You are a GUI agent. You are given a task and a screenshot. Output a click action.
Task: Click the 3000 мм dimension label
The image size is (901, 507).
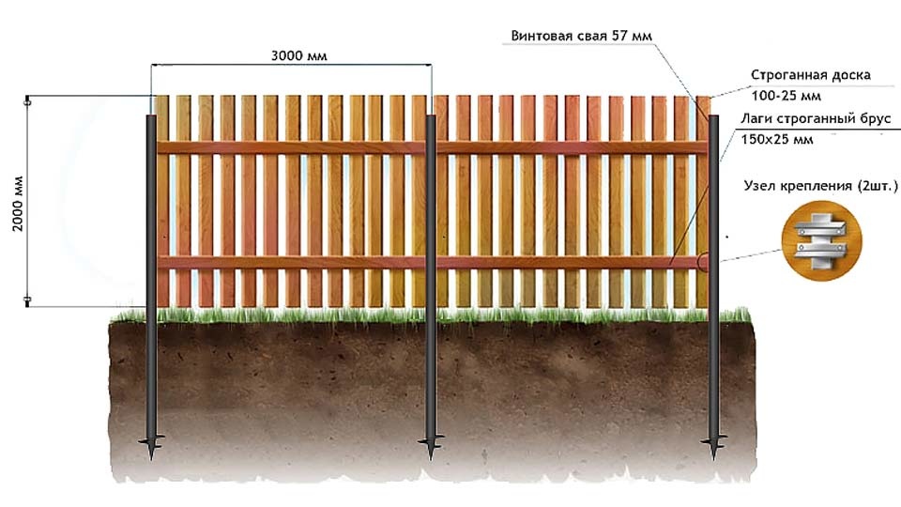[298, 55]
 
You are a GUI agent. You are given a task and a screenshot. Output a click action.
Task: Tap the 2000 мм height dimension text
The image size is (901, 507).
[18, 204]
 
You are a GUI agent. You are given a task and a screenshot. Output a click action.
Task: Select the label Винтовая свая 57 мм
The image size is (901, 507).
[582, 36]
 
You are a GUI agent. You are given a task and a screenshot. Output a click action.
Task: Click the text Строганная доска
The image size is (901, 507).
[811, 75]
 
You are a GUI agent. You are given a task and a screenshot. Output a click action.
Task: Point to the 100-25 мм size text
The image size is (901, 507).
[786, 96]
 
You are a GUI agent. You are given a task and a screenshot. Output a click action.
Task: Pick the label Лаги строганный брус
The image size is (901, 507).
[816, 118]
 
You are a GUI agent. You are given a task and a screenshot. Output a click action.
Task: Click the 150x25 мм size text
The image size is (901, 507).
[777, 139]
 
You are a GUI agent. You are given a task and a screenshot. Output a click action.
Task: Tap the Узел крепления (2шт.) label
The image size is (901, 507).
[820, 186]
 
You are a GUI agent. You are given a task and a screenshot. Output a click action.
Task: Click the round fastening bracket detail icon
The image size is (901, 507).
[822, 241]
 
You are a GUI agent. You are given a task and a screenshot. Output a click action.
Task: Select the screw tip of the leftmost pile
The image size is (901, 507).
[152, 457]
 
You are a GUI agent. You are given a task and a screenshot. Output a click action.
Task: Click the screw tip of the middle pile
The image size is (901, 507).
[431, 457]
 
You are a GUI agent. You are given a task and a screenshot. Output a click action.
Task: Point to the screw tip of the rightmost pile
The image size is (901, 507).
[714, 457]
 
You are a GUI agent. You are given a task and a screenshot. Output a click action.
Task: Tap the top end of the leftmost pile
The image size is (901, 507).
[151, 116]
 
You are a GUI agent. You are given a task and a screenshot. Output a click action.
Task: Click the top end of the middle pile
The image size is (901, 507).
[431, 116]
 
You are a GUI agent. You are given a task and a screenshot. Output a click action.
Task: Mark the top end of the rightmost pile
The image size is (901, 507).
[713, 116]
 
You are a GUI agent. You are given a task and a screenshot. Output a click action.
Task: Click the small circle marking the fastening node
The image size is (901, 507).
[704, 262]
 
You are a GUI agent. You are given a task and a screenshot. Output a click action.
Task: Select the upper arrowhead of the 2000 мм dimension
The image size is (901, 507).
[27, 102]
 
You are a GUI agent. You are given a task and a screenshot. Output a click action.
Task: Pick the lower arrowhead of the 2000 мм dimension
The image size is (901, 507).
[27, 300]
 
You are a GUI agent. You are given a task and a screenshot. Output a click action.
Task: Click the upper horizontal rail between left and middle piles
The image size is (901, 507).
[291, 147]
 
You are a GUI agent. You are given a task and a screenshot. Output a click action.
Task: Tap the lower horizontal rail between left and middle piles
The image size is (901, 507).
[291, 263]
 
